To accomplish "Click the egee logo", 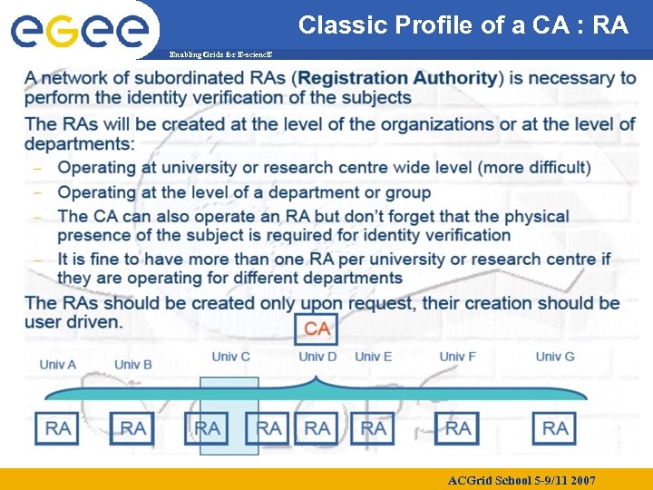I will (x=80, y=33).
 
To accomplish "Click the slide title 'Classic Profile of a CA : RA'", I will (x=463, y=24).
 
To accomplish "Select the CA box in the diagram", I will (x=317, y=328).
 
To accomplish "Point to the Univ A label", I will (x=58, y=365).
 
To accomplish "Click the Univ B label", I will (x=133, y=365).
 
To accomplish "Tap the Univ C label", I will (x=231, y=356).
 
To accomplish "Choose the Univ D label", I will (x=317, y=356).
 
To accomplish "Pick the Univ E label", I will (x=373, y=356).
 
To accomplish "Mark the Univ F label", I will (x=457, y=356).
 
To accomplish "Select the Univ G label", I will (x=555, y=356).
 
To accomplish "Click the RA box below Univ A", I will (x=58, y=428).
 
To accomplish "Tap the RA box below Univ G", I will (x=555, y=428).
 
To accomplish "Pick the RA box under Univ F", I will (x=457, y=428).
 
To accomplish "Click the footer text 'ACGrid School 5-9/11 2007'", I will (x=521, y=479).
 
